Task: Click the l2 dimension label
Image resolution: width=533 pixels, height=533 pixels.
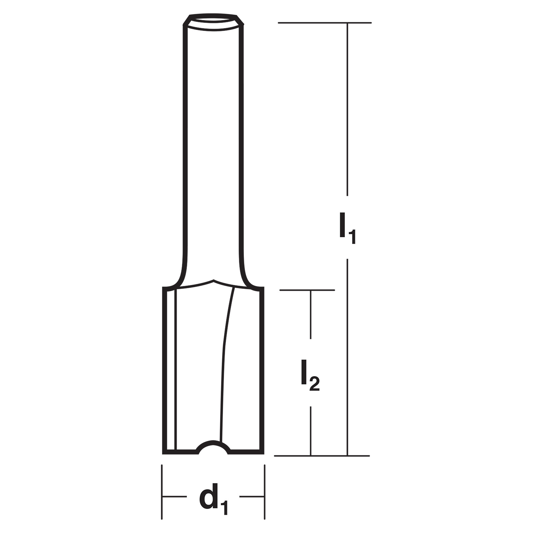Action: (x=310, y=375)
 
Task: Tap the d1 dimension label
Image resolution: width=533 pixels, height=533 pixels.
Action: (x=213, y=498)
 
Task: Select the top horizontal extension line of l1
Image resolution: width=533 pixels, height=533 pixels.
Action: (x=324, y=23)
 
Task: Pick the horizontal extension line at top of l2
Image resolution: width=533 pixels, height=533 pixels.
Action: (x=307, y=290)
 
